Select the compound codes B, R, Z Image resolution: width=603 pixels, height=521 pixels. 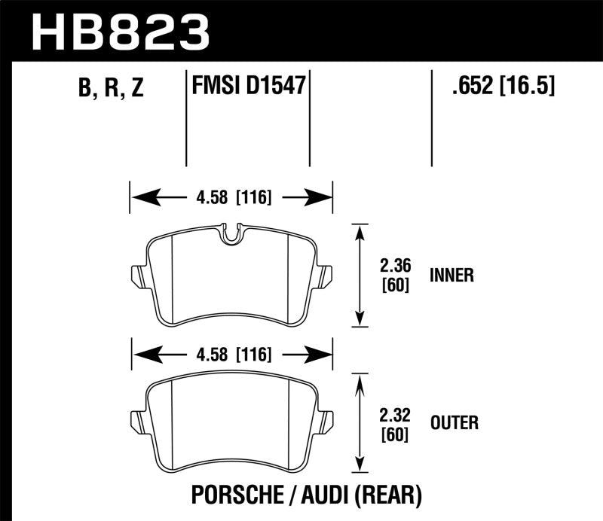point(110,89)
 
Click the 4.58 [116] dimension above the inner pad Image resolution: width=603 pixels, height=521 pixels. point(231,198)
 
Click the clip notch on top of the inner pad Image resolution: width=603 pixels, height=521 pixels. point(232,233)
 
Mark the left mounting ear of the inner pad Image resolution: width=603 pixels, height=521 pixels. point(136,276)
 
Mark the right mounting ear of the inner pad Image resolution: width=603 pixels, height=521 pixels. point(326,276)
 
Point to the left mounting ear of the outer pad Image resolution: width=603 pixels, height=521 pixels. point(136,421)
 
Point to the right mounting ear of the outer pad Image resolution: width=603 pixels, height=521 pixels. point(326,421)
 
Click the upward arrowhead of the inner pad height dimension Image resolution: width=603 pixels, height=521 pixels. point(360,229)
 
